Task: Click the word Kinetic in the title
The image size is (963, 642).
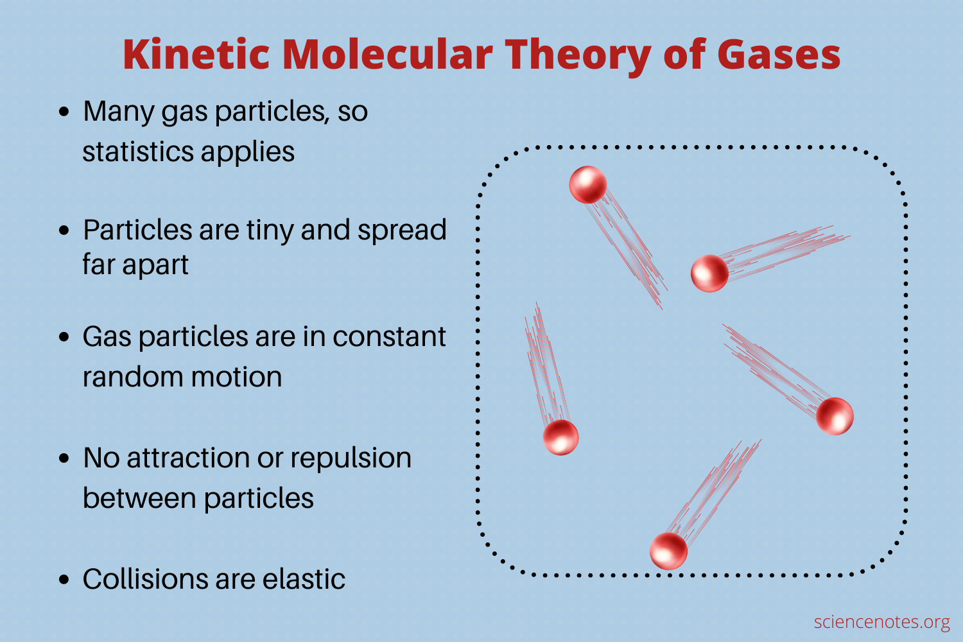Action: coord(196,54)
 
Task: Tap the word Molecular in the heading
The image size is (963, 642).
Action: coord(387,54)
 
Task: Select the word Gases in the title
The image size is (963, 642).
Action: coord(779,54)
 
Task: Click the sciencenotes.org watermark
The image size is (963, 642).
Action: coord(881,622)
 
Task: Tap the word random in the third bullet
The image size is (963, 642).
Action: coord(133,376)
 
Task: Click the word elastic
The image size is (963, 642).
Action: coord(304,579)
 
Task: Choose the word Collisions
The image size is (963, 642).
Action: coord(146,579)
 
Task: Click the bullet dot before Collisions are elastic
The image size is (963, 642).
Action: coord(64,579)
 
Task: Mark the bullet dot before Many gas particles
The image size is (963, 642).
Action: coord(64,112)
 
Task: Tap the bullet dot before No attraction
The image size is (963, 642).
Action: coord(64,458)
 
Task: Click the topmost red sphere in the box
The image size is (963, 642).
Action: coord(587,184)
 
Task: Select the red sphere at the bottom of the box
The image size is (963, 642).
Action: coord(668,551)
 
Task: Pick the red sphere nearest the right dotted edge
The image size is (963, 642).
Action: coord(835,416)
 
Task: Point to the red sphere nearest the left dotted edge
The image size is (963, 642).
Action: coord(560,437)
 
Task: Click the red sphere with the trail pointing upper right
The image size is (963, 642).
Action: coord(709,273)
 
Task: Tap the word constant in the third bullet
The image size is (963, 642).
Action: coord(389,336)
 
